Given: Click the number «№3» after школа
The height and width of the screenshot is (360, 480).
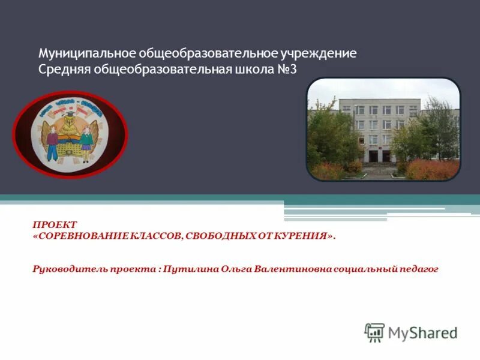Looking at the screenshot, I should click(x=286, y=70).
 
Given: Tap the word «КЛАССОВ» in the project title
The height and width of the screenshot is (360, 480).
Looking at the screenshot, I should click(x=157, y=236).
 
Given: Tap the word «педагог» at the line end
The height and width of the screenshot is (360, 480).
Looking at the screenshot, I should click(x=418, y=269).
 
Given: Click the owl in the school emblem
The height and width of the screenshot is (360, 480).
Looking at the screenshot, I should click(x=70, y=131).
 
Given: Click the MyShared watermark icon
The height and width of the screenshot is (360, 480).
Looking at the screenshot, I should click(x=374, y=332).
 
